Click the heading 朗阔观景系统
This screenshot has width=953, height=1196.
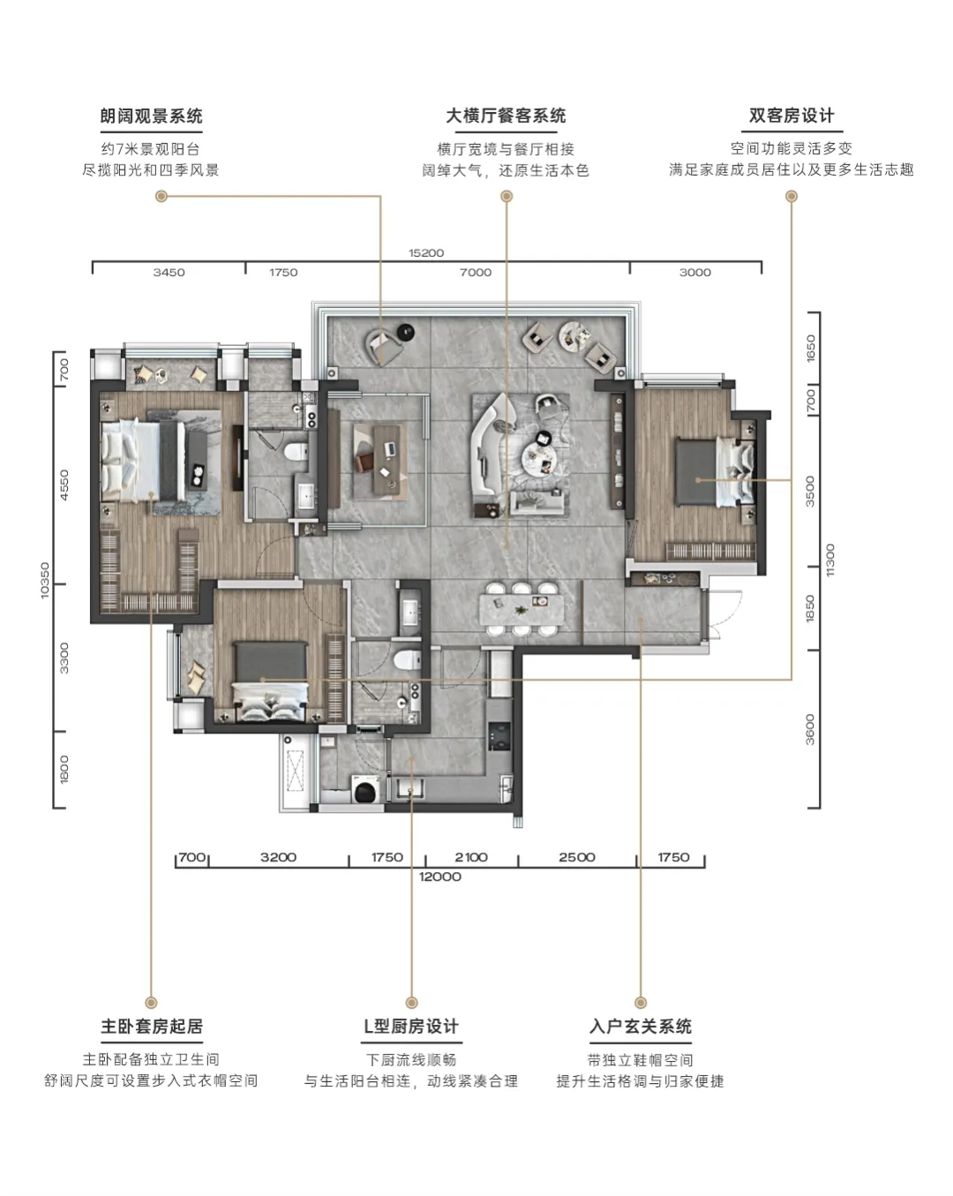151,117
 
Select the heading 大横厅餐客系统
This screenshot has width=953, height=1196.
506,116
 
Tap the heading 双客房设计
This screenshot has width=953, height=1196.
792,116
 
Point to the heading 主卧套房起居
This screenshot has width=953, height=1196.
152,1026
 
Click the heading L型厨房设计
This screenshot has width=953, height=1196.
411,1026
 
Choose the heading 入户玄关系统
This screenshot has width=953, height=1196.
640,1026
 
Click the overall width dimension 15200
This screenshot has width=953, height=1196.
426,252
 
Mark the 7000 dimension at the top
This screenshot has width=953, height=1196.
476,273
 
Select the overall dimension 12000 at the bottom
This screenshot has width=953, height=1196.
440,876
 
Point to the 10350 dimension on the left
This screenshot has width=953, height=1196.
45,580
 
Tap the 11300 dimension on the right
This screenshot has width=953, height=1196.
830,560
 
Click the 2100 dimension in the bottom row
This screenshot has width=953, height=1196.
471,857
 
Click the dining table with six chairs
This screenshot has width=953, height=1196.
522,608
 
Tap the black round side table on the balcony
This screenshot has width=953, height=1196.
407,332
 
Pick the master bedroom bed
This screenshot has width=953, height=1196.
143,461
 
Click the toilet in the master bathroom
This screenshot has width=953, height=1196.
296,451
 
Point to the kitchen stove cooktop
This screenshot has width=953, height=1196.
499,736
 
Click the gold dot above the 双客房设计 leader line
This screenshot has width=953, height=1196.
792,196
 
